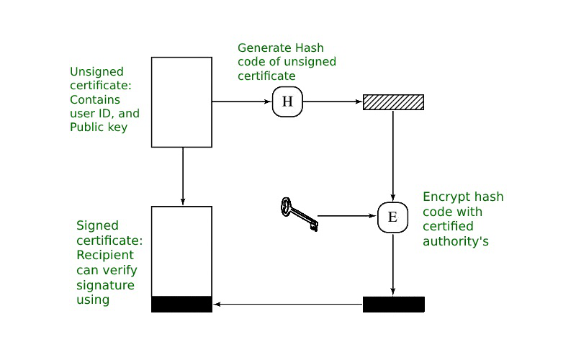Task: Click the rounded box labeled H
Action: coord(287,102)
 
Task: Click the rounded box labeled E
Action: coord(392,217)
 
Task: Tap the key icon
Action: coord(299,215)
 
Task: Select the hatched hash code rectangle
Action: coord(393,102)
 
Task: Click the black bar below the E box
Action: coord(393,304)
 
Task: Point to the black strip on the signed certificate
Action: coord(181,304)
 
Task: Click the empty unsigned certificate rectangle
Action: coord(181,102)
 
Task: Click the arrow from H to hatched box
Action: coord(333,102)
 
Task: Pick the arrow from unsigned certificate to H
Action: coord(242,102)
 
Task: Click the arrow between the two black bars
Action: coord(287,305)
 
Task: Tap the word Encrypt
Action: coord(444,197)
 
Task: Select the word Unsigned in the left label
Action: coord(96,72)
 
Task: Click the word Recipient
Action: coord(105,256)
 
